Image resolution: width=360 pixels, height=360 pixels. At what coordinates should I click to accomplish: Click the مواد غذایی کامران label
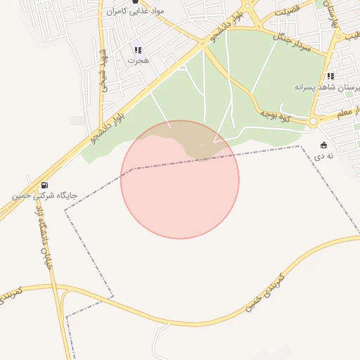coord(134,12)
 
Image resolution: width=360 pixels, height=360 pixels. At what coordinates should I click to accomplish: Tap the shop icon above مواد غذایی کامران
coord(135,2)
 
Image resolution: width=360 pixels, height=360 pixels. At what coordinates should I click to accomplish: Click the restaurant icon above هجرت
coord(138,50)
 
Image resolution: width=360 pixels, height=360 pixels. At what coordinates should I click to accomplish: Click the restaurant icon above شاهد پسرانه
coord(330,76)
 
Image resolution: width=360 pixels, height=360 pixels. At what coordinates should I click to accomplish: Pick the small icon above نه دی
coord(323,145)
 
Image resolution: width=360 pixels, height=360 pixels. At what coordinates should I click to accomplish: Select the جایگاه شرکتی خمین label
coord(44,195)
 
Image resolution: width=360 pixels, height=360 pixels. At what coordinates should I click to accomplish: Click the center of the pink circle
coord(180,179)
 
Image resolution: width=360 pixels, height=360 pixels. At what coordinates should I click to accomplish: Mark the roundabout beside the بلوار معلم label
coord(311,121)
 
